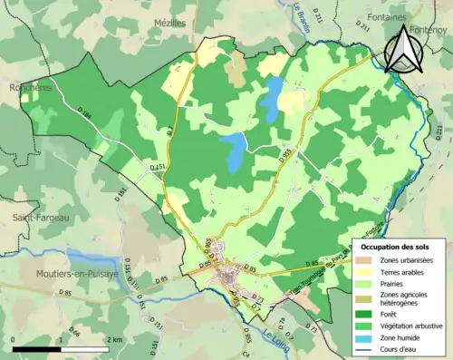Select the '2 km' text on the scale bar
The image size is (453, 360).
[x=115, y=339]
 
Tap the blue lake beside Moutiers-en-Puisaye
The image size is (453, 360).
[x=86, y=258]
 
